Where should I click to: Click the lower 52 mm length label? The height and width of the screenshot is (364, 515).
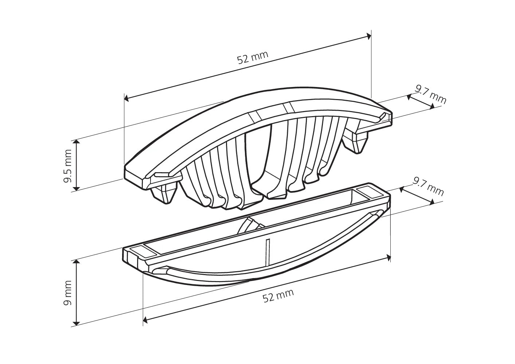pos(278,296)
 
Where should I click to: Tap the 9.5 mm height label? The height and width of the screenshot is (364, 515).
pos(67,166)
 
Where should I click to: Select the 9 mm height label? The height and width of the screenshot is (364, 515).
pos(67,293)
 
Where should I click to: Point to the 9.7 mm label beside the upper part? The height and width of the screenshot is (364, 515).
pos(430,94)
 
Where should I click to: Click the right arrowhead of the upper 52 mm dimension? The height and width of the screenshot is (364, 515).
pos(368,36)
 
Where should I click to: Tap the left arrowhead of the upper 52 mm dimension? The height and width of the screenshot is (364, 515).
pos(126,99)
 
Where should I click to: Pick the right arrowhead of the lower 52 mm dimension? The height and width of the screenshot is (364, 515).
pos(388,258)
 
